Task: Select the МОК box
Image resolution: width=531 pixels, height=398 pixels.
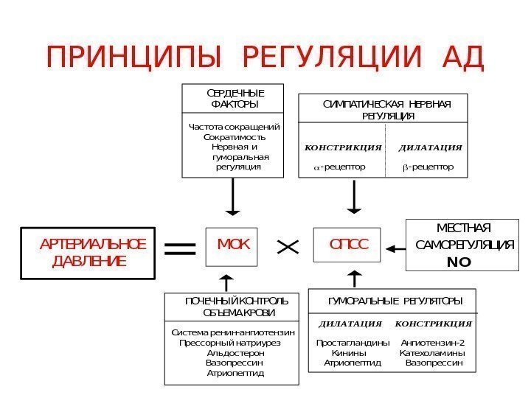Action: click(234, 244)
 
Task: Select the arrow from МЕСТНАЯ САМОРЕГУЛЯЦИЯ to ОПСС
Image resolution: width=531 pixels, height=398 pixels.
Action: click(396, 247)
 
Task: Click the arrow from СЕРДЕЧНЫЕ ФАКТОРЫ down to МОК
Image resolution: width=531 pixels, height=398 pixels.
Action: click(233, 197)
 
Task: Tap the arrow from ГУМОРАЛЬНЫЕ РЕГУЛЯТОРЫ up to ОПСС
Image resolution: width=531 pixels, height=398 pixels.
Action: click(353, 279)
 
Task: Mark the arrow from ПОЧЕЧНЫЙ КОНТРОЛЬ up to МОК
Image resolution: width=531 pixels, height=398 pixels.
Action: click(226, 282)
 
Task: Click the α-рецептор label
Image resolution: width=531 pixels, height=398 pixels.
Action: click(339, 167)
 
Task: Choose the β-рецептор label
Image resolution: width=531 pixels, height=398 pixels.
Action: click(428, 167)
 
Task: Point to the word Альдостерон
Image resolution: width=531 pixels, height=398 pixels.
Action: click(236, 353)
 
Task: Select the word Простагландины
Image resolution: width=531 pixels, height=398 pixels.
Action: click(353, 343)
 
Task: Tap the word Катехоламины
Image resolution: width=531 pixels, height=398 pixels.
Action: click(432, 353)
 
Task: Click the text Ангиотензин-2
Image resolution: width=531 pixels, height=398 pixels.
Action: click(433, 343)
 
